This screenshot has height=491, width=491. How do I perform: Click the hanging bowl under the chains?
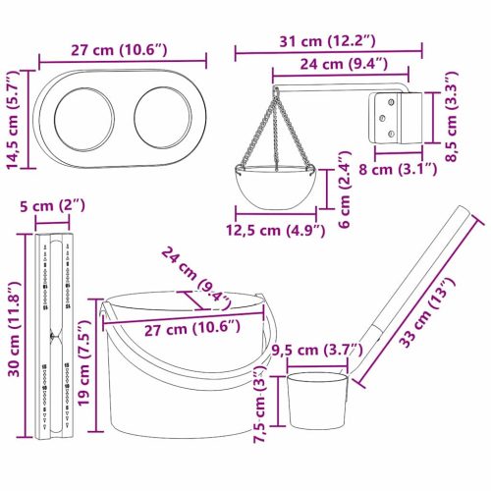tap(279, 184)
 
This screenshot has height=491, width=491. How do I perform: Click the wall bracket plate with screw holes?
tap(391, 119)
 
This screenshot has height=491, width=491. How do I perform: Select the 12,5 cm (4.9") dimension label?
tap(278, 232)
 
